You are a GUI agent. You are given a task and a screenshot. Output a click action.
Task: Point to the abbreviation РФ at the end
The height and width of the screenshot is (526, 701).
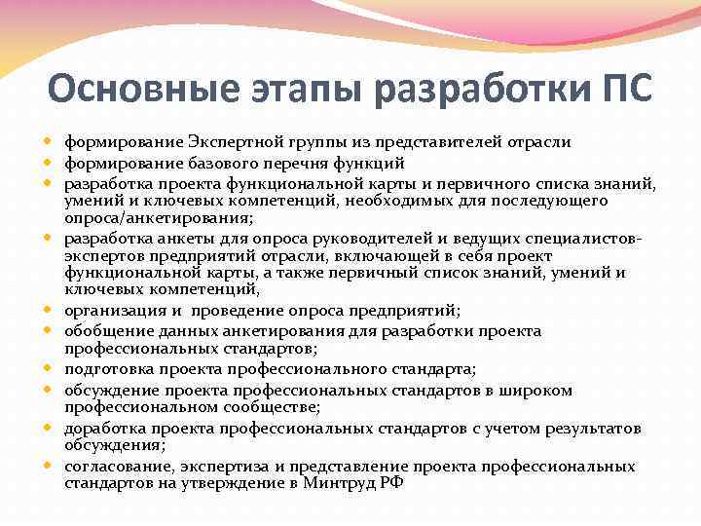[x=390, y=483]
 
